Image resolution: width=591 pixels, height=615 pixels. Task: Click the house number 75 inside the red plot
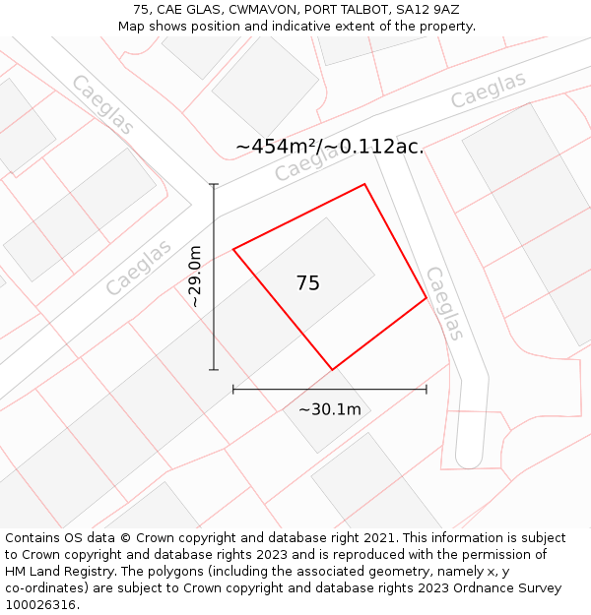pos(308,283)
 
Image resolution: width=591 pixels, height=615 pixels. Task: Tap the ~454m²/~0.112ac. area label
pos(330,147)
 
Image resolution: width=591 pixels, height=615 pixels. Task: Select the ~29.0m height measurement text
pos(195,277)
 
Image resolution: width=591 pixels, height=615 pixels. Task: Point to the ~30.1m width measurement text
pos(329,409)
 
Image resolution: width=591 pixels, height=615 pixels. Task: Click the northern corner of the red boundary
pos(365,184)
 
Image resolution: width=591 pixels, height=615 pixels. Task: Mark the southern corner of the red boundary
pos(332,370)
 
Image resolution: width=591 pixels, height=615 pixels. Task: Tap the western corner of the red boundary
pos(233,249)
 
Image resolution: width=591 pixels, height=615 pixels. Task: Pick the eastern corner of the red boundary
pos(427,297)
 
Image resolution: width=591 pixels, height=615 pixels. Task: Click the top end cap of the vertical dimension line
pos(214,184)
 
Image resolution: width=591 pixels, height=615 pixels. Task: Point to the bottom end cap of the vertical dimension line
pos(214,370)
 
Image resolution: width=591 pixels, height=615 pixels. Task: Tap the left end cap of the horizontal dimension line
pos(233,390)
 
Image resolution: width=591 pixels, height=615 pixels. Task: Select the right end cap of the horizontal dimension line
pos(427,390)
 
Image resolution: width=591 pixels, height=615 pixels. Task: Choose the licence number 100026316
pos(40,605)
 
